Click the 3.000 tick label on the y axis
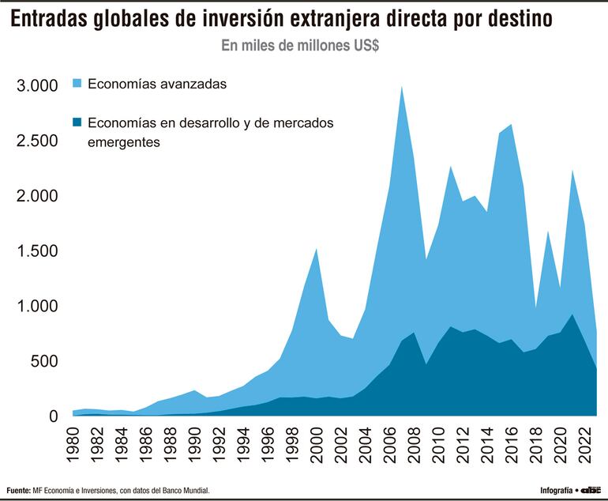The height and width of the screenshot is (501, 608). [37, 86]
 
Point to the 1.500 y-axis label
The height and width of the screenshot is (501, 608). [37, 251]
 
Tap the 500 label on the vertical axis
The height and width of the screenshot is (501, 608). [45, 361]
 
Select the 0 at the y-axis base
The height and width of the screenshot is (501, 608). [54, 416]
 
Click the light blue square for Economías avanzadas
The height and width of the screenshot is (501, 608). [77, 83]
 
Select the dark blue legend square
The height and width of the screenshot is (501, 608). [77, 123]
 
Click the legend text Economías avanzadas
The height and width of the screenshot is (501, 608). [158, 83]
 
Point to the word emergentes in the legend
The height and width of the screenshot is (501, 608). [125, 143]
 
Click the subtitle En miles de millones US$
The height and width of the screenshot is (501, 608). [300, 46]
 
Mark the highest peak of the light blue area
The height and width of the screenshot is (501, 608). [402, 87]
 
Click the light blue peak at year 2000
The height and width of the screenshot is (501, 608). [317, 249]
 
